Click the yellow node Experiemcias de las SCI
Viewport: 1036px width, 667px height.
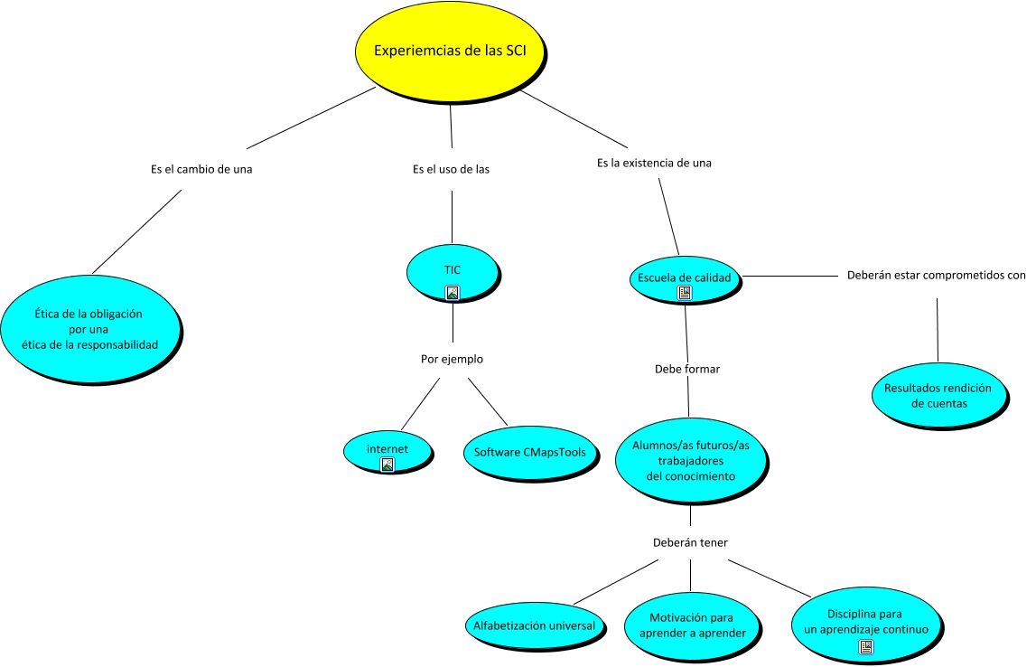tap(450, 52)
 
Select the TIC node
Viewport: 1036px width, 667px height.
tap(453, 273)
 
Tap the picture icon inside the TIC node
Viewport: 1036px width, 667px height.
tap(453, 292)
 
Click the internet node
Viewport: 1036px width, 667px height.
tap(387, 452)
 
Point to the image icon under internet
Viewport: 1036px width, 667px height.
tap(387, 465)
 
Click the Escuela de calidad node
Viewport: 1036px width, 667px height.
tap(685, 279)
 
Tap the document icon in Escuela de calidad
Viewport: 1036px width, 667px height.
tap(685, 292)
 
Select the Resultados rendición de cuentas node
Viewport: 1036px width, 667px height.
tap(938, 396)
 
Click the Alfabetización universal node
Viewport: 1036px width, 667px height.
tap(535, 626)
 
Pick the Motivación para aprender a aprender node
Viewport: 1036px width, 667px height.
tap(692, 625)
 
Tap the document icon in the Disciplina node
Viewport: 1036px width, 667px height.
tap(865, 647)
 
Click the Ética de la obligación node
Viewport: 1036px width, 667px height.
tap(90, 329)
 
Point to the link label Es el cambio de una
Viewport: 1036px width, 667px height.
tap(201, 169)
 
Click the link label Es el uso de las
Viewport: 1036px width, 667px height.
tap(452, 169)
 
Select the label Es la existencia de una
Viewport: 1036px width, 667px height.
tap(654, 163)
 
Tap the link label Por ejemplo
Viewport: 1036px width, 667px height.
tap(452, 359)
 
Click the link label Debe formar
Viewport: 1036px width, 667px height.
tap(687, 369)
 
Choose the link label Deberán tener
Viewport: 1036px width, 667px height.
tap(690, 542)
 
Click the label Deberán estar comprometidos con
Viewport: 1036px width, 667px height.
tap(937, 275)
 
